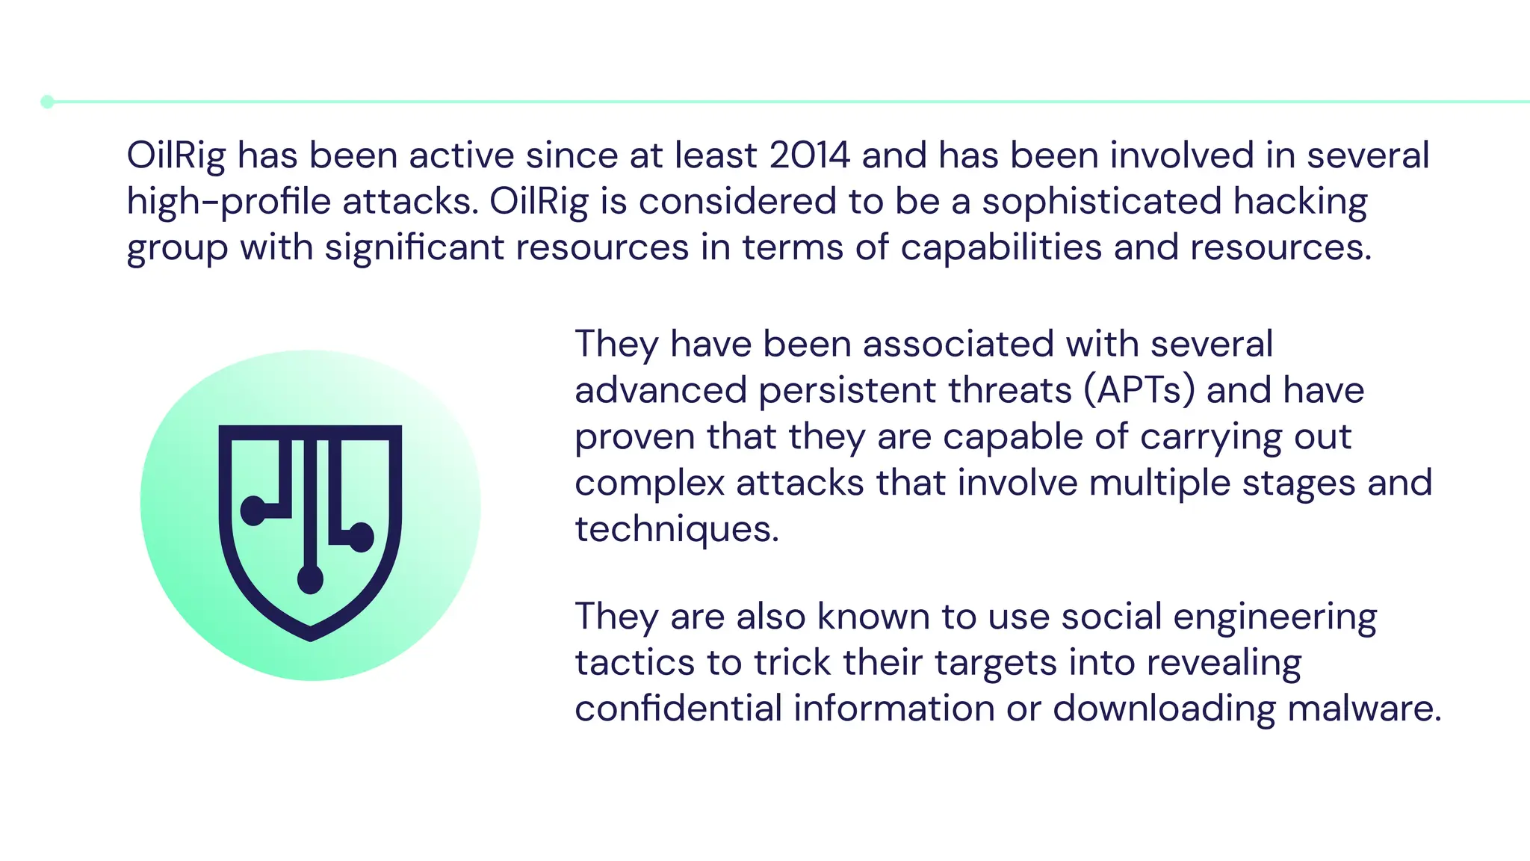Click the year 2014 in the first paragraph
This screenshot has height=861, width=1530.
tap(810, 155)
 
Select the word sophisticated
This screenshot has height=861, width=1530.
tap(1101, 202)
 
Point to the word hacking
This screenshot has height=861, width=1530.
tap(1301, 202)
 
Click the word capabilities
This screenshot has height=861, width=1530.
tap(1001, 247)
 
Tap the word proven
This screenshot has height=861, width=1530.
tap(635, 436)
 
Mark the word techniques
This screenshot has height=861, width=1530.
tap(676, 529)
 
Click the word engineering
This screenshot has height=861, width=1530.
tap(1275, 617)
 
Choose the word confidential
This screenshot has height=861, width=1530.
tap(678, 709)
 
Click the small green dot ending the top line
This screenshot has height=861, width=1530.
tap(47, 102)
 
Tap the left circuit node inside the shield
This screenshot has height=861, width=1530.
tap(253, 511)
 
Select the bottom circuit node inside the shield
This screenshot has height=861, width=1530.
tap(310, 579)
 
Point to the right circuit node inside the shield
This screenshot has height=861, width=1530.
tap(362, 537)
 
